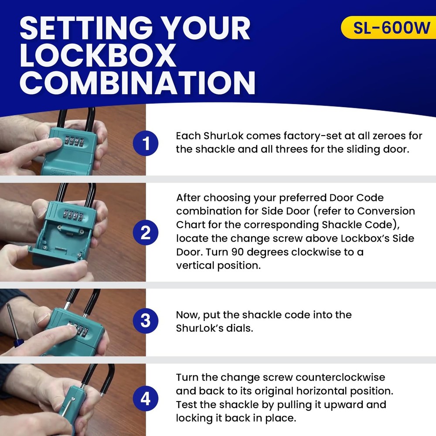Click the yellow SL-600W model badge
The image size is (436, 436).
[x=388, y=27]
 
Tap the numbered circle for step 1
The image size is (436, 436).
[x=146, y=143]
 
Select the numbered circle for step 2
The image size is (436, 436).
[x=146, y=232]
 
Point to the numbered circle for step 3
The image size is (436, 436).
[x=146, y=320]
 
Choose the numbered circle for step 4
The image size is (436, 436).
[x=146, y=399]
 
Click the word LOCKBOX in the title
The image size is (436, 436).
[x=98, y=55]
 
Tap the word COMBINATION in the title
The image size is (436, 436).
[x=137, y=82]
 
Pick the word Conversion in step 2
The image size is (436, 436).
[x=386, y=211]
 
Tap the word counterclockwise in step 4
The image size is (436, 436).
[x=341, y=377]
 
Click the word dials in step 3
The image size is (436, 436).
[x=239, y=328]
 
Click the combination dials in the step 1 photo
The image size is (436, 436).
[x=74, y=140]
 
